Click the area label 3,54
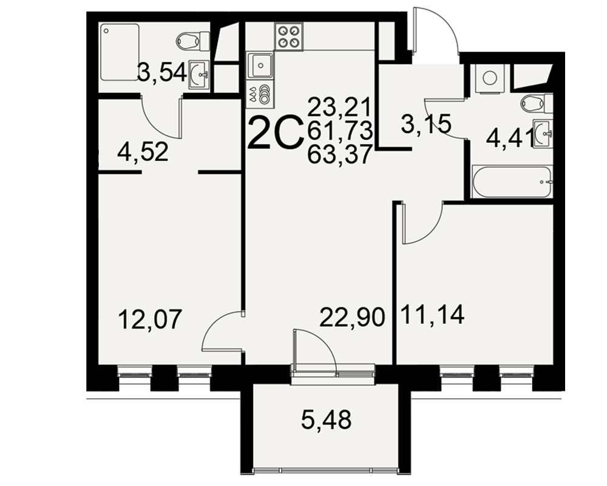pos(162,72)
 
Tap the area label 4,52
pos(143,152)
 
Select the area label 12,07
pos(150,320)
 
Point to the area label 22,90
pos(352,317)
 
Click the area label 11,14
pos(433,315)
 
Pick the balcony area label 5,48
pos(327,420)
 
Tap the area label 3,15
pos(427,125)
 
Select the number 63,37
pos(340,155)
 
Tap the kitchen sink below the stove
pos(260,66)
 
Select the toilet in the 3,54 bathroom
pos(193,40)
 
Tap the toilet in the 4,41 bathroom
pos(537,103)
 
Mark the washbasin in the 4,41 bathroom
pos(543,134)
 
